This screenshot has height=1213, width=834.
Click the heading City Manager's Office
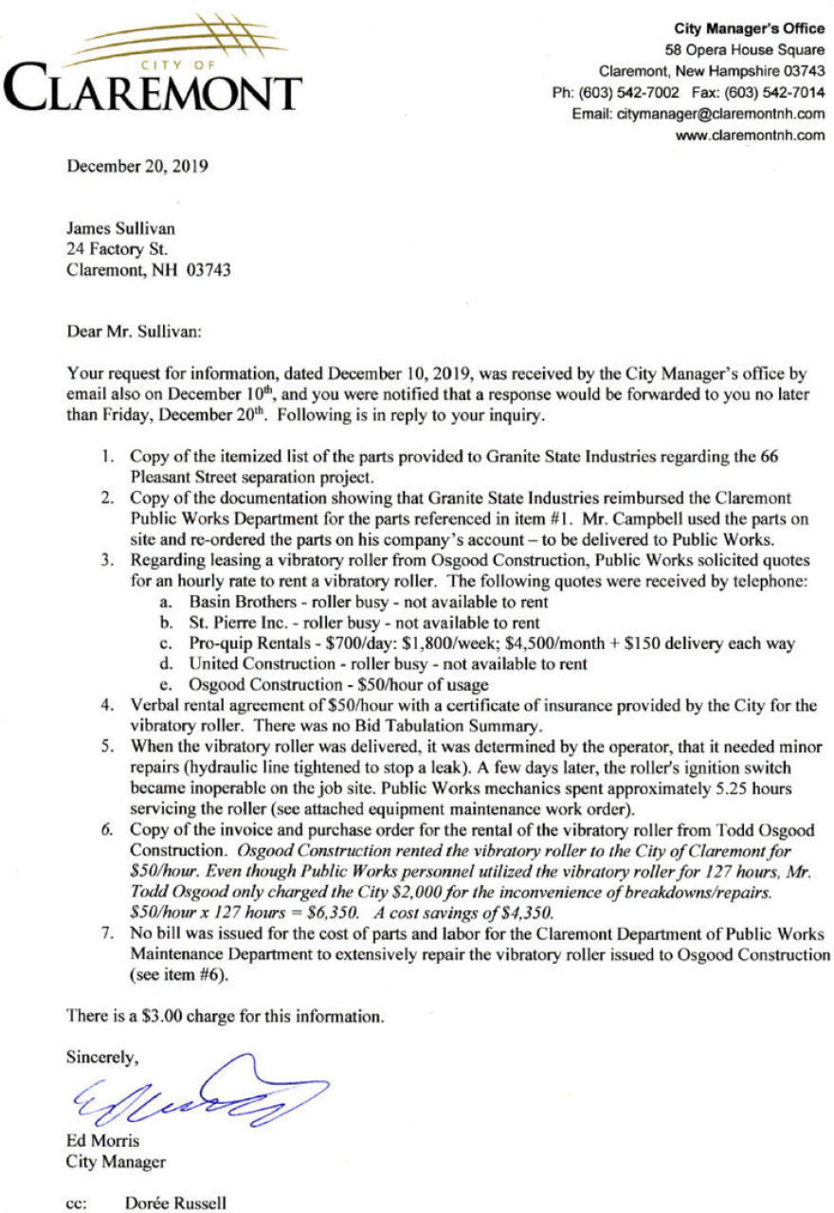749,29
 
